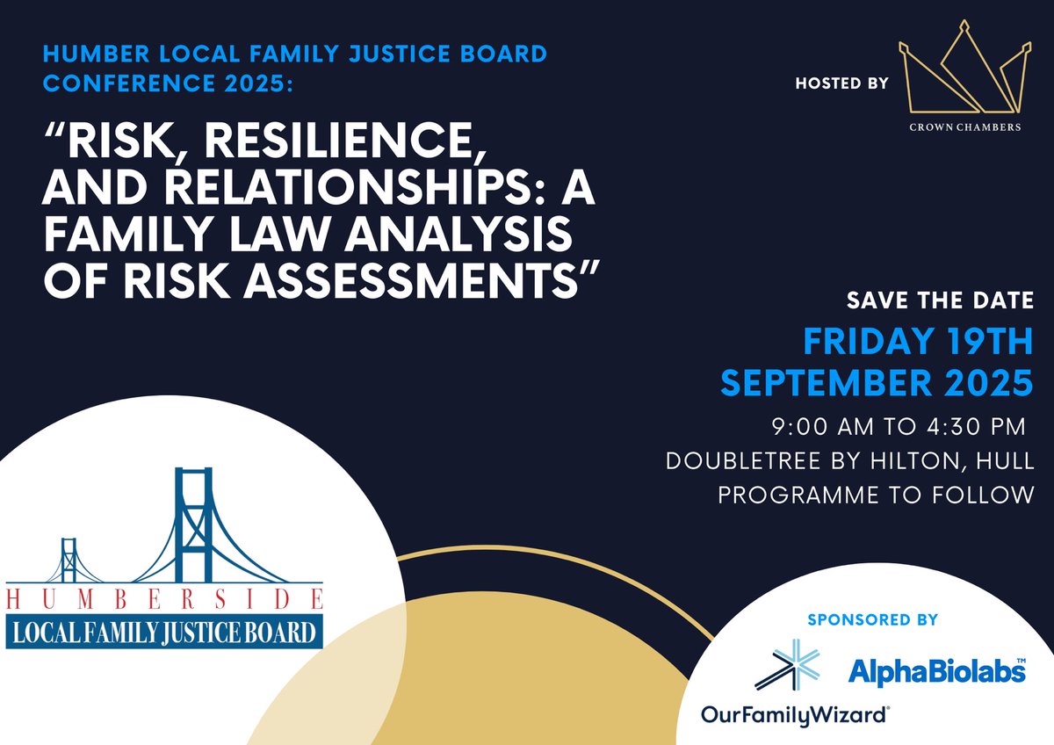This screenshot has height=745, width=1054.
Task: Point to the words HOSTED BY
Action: point(841,83)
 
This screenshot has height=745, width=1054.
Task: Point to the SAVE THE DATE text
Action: point(940,300)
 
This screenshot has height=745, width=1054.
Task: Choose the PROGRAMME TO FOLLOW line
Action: point(876,495)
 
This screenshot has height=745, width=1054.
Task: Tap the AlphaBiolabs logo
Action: point(936,672)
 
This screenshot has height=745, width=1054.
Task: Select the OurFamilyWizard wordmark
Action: point(795,715)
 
